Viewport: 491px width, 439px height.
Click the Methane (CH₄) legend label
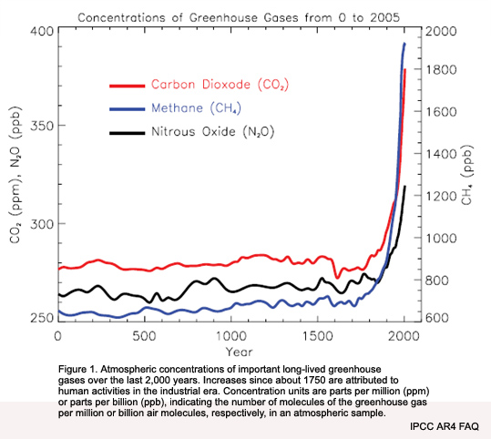point(199,108)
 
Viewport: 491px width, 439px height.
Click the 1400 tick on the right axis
point(439,154)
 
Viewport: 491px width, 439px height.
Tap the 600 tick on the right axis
point(436,317)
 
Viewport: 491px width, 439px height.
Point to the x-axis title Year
point(231,351)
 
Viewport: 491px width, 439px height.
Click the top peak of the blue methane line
point(404,43)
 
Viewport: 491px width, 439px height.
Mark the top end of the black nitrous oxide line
point(404,187)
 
